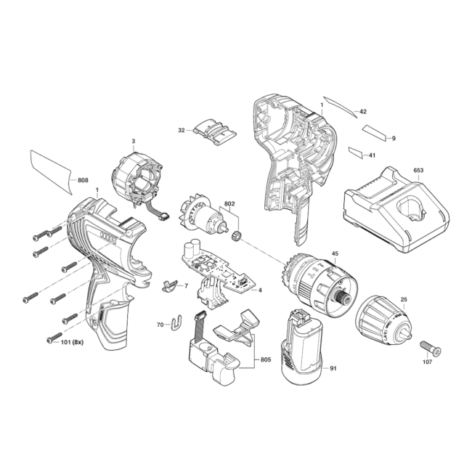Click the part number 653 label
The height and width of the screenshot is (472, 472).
pyautogui.click(x=418, y=171)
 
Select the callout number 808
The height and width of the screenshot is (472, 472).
pyautogui.click(x=83, y=180)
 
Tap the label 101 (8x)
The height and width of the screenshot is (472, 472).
pyautogui.click(x=72, y=342)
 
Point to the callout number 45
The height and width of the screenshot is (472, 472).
pyautogui.click(x=335, y=253)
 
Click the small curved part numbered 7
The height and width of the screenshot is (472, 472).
pyautogui.click(x=169, y=285)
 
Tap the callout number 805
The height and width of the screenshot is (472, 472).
pyautogui.click(x=266, y=359)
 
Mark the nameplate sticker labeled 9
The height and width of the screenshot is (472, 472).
pyautogui.click(x=374, y=133)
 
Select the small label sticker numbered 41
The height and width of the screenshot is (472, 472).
pyautogui.click(x=356, y=152)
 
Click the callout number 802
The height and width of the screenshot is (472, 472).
pyautogui.click(x=229, y=204)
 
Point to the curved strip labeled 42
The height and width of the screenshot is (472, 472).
pyautogui.click(x=340, y=105)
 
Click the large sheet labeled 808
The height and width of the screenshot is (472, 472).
pyautogui.click(x=51, y=171)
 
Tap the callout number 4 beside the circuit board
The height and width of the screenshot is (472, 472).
pyautogui.click(x=260, y=290)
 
